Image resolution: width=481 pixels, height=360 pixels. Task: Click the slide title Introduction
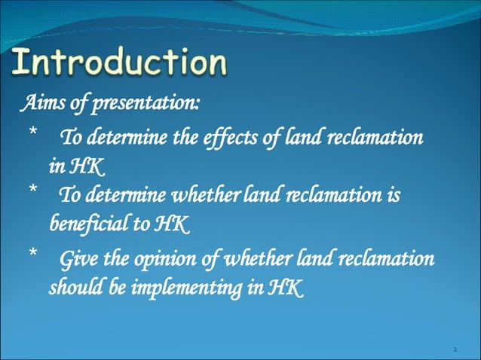[120, 63]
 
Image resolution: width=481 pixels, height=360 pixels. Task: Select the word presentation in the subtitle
[143, 102]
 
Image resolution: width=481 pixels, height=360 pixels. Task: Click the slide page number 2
[456, 349]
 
